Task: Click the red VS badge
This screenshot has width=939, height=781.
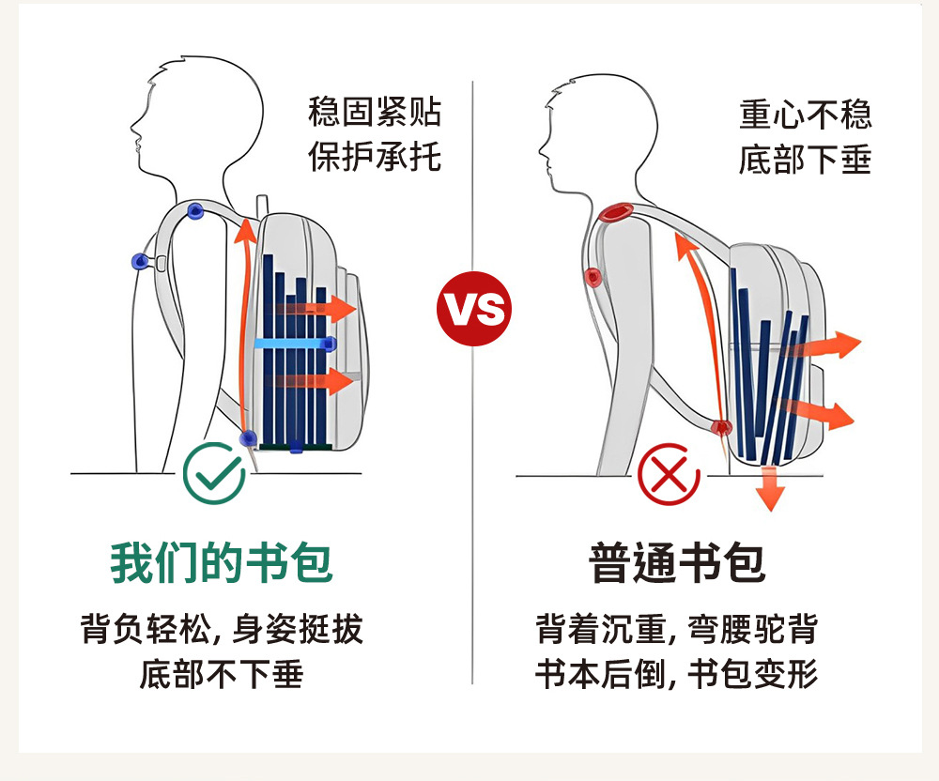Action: pos(474,309)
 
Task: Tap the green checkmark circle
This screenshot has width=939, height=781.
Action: pos(214,472)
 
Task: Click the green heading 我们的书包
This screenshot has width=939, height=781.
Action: pos(222,563)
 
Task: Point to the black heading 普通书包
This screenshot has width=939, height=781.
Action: pos(677,563)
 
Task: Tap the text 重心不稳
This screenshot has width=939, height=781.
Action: pos(805,115)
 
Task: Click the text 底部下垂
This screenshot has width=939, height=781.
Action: pos(805,159)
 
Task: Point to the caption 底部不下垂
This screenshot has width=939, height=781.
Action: pos(222,674)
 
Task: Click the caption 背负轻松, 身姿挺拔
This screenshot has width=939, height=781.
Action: pos(222,629)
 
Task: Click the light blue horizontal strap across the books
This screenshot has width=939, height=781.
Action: pos(294,344)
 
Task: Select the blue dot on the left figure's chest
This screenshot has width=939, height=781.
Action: pos(140,260)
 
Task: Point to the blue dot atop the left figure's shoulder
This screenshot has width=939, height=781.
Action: pos(195,210)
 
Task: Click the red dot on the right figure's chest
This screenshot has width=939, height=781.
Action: pos(593,277)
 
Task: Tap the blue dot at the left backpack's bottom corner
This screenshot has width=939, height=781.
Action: pos(248,437)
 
